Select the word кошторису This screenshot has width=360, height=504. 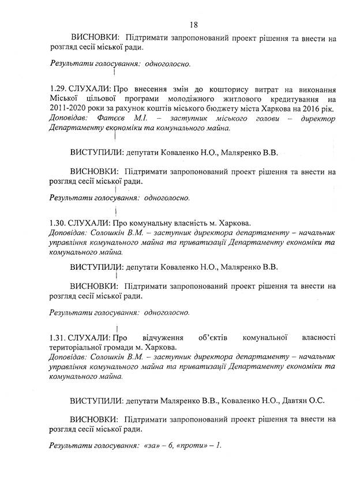point(206,90)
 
